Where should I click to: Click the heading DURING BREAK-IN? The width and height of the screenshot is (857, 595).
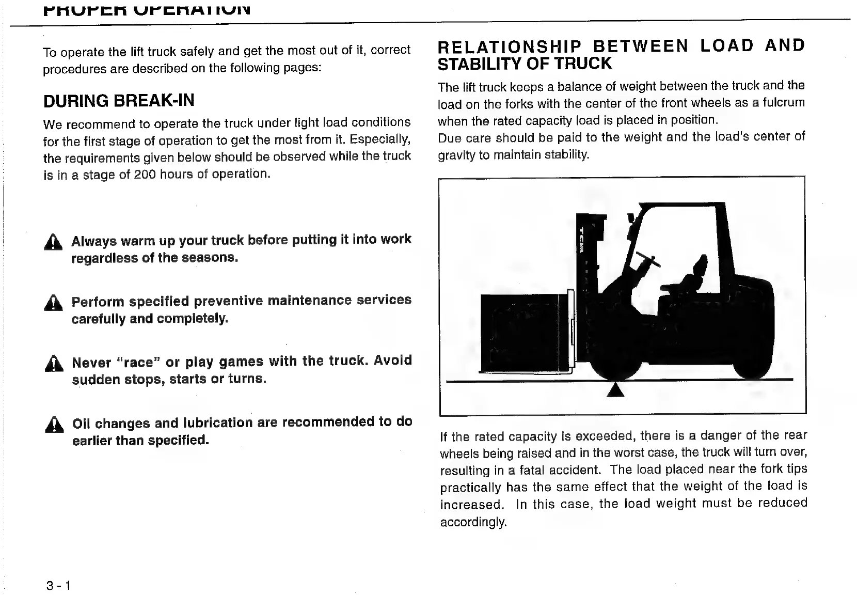119,100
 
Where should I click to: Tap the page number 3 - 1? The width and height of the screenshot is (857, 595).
58,585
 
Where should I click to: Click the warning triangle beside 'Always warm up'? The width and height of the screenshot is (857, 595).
53,243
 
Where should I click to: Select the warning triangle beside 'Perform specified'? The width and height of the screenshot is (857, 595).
53,303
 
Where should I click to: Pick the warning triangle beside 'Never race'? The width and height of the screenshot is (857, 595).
53,364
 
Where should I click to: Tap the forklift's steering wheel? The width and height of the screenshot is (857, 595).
649,258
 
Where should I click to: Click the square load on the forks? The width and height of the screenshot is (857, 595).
521,332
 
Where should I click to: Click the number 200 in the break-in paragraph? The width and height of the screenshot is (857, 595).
145,175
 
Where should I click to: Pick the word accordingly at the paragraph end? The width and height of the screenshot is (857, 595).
473,522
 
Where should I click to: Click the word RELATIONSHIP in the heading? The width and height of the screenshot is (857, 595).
509,46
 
